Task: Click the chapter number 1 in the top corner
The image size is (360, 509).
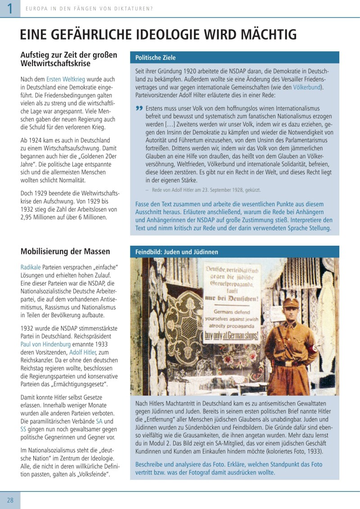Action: [x=9, y=9]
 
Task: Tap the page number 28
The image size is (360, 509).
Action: [x=10, y=500]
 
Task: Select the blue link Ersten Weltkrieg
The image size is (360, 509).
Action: [x=66, y=79]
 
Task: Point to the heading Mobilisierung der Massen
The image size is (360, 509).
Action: [x=65, y=251]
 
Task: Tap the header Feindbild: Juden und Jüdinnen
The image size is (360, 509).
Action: [x=177, y=252]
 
